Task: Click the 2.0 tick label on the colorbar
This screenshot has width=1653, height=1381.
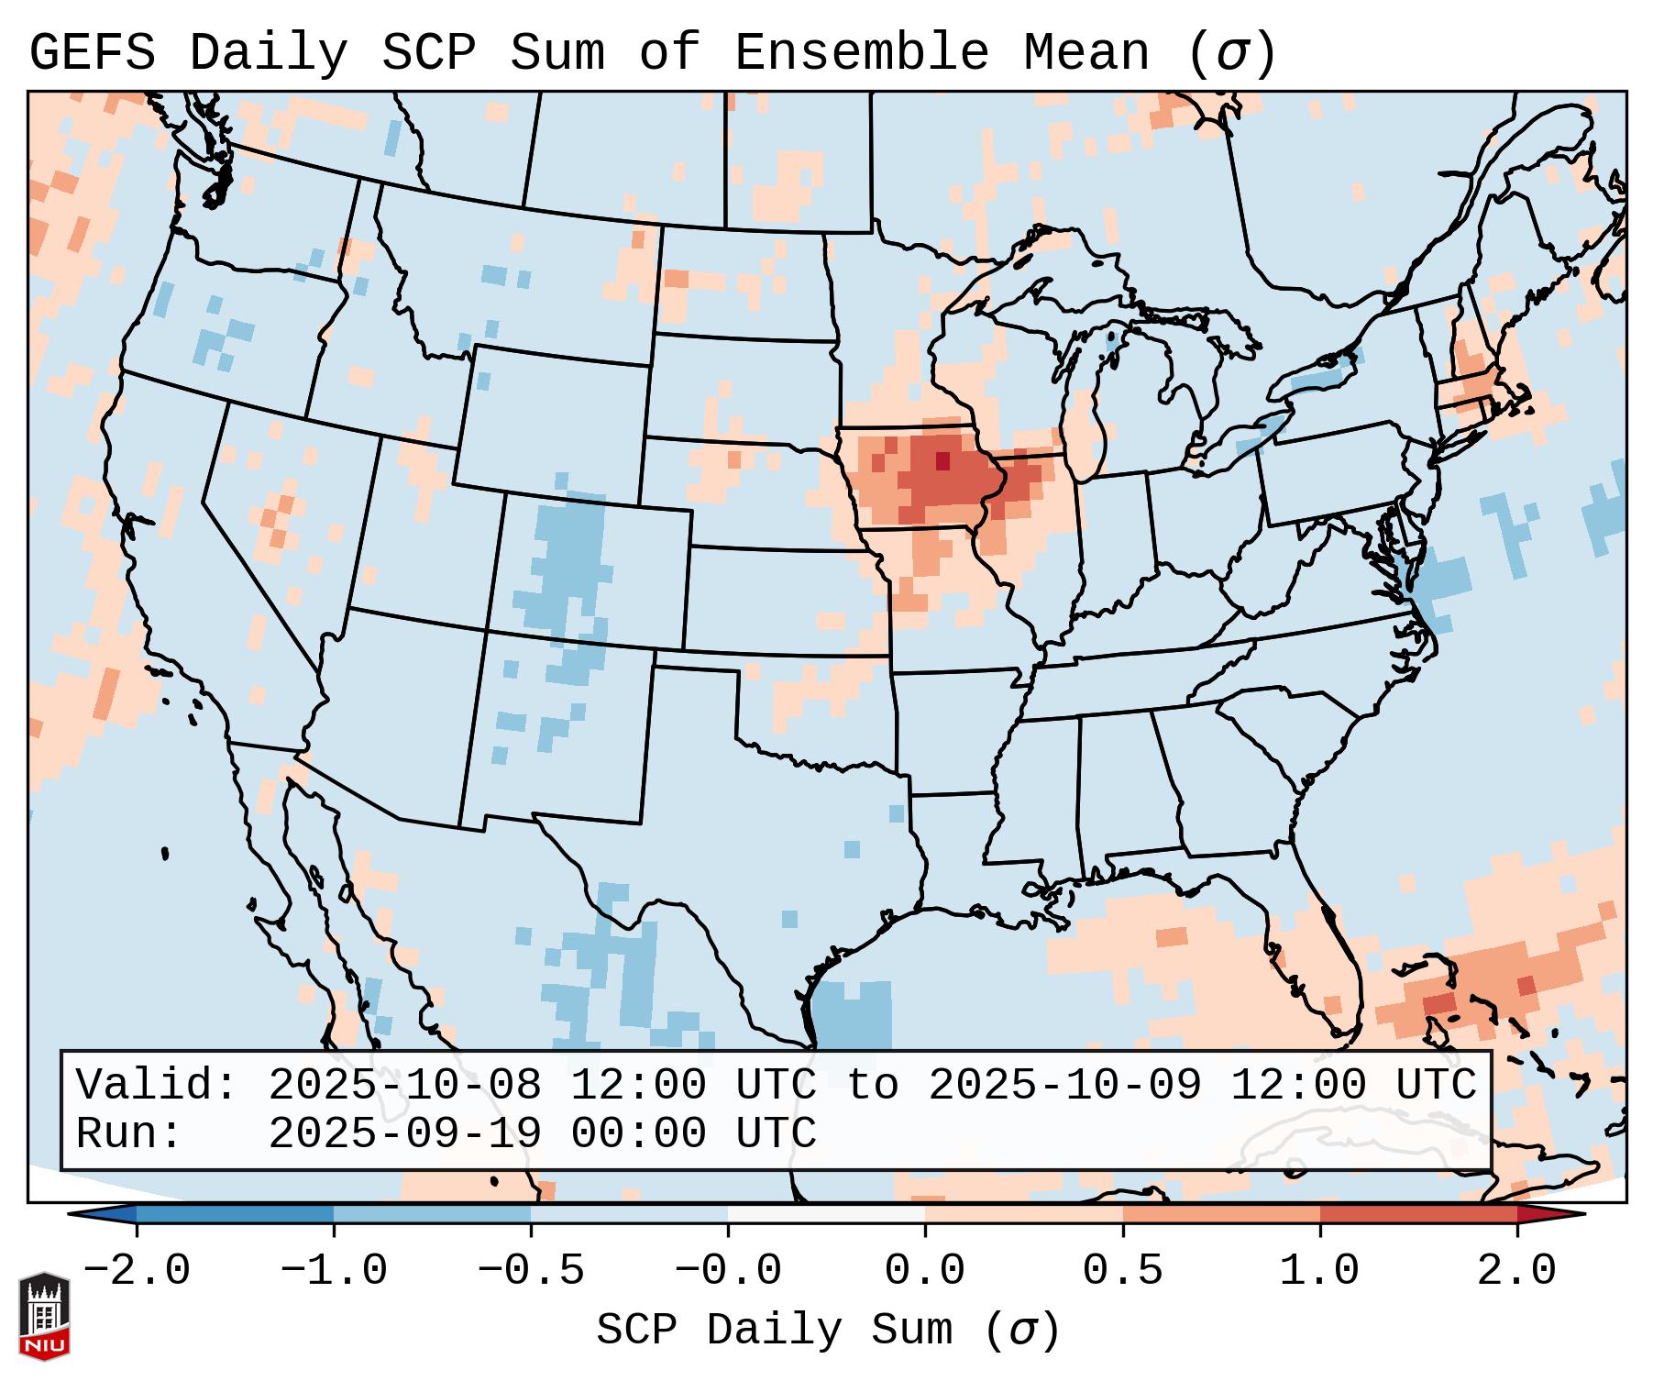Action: click(x=1516, y=1271)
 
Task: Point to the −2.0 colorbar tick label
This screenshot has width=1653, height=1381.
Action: click(x=137, y=1271)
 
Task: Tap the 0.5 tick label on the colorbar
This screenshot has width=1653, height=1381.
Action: click(x=1122, y=1271)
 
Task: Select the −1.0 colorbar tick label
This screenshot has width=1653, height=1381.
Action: click(x=334, y=1271)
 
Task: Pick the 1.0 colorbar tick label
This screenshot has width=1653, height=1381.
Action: click(x=1319, y=1271)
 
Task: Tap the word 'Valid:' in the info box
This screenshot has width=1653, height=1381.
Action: click(x=157, y=1085)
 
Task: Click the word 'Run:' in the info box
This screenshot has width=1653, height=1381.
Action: click(x=129, y=1133)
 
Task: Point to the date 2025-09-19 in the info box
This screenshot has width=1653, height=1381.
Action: click(x=404, y=1133)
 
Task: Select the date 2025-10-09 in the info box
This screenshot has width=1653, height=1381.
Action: click(x=1064, y=1085)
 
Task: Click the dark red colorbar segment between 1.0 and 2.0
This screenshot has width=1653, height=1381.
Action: click(x=1417, y=1214)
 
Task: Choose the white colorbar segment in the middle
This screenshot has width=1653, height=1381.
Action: click(x=826, y=1214)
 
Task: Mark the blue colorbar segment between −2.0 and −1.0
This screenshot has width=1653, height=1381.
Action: click(x=235, y=1214)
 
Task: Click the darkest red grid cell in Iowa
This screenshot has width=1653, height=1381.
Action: click(x=942, y=460)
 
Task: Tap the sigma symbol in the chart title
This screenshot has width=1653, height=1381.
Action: click(x=1231, y=53)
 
